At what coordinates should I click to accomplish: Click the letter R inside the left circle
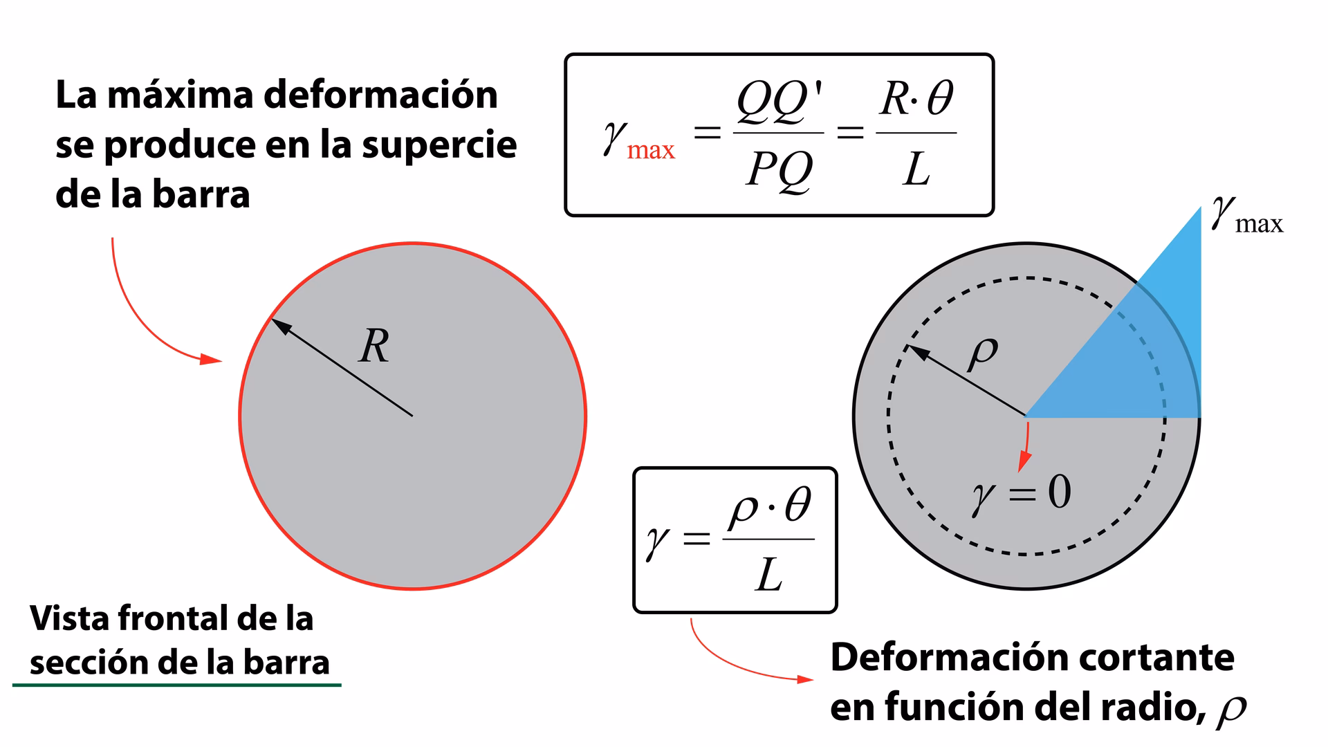coord(374,347)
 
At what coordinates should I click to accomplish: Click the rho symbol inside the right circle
coord(983,353)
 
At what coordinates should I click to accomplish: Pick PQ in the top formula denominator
coord(779,169)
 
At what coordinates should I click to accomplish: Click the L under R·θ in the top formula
coord(916,169)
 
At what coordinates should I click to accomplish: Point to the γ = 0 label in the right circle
coord(1021,493)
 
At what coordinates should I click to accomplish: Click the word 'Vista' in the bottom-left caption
coord(69,618)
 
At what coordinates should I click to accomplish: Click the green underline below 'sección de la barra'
coord(177,685)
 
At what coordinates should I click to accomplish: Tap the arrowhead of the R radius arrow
coord(279,325)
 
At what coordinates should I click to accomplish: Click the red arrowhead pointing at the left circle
coord(212,359)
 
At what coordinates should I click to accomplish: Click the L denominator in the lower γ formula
coord(768,575)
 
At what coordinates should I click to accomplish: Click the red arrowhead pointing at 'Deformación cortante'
coord(805,679)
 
